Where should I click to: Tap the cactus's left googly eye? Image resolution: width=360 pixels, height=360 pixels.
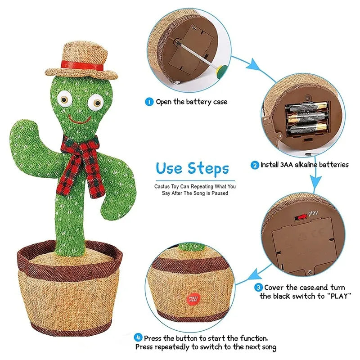coord(65,99)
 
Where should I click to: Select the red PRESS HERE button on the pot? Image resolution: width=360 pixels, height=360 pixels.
coord(193,299)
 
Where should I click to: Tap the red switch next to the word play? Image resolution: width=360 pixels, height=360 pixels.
coord(301,217)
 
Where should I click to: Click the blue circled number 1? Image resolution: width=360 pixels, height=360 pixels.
coord(149,102)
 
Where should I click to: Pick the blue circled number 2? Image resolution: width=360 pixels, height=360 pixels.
coord(255,165)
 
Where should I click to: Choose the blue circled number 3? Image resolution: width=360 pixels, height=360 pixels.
coord(258,288)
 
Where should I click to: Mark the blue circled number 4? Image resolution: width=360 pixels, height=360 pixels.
coord(138,337)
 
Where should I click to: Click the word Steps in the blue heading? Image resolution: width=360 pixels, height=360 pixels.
coord(208,169)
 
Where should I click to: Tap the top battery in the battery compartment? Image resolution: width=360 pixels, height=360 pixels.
coord(306,107)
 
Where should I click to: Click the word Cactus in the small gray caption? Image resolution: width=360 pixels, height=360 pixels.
coord(162,186)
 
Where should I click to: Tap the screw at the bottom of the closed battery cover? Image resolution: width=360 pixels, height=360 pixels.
coord(310,272)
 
